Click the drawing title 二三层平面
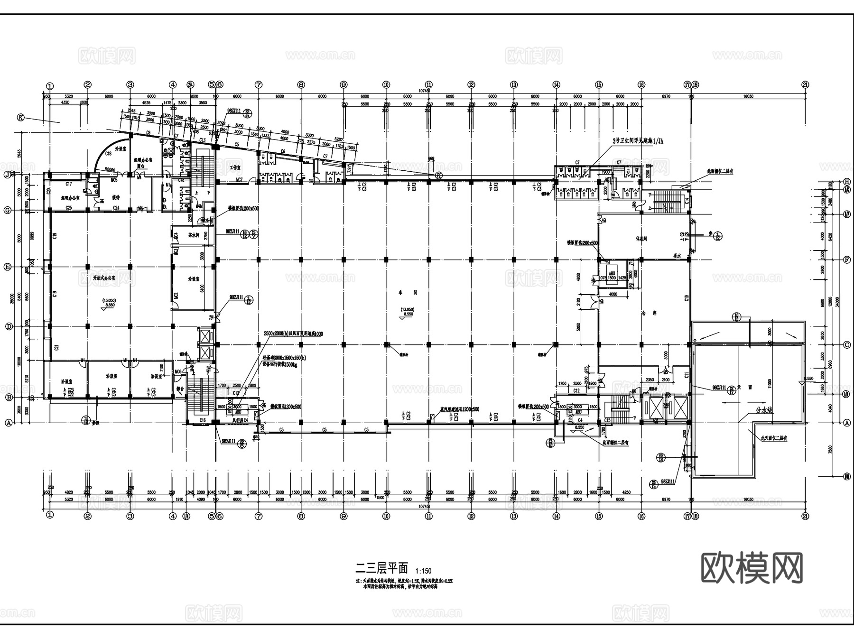(x=382, y=568)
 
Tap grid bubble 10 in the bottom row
(x=386, y=516)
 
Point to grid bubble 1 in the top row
(x=50, y=86)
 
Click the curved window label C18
(x=108, y=153)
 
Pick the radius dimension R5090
(x=111, y=169)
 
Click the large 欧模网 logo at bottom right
(x=752, y=568)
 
